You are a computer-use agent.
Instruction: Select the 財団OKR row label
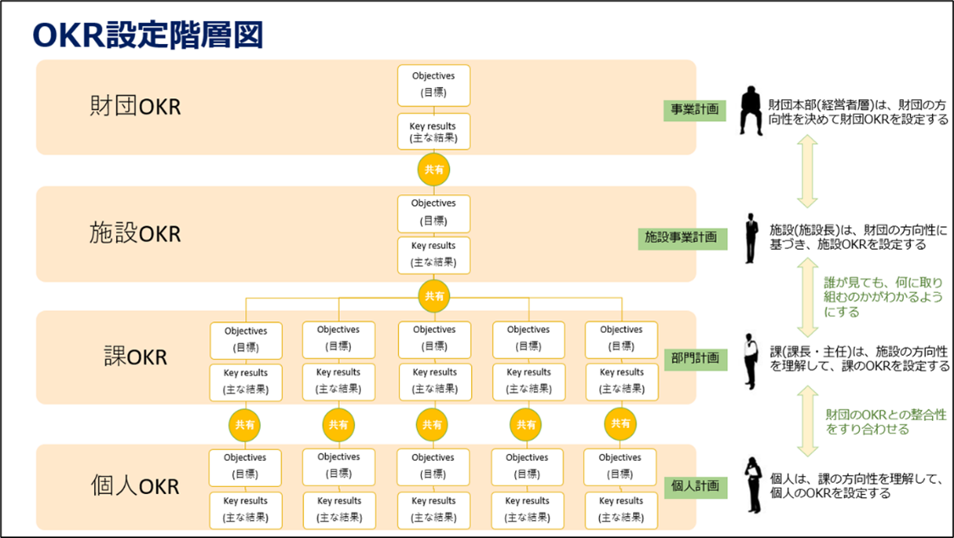tap(136, 107)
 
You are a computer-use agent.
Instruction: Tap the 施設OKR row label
tap(136, 233)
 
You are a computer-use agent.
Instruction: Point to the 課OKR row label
tap(135, 357)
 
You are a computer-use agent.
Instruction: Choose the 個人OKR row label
tap(136, 486)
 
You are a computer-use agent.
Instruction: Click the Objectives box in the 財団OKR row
tap(434, 85)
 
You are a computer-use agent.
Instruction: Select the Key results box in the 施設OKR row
tap(434, 254)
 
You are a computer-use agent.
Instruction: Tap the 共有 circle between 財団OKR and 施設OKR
tap(434, 169)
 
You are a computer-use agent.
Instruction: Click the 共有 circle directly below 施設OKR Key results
tap(434, 296)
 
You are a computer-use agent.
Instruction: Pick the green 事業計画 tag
tap(695, 109)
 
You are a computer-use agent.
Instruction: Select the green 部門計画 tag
tap(695, 358)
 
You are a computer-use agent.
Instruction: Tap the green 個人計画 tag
tap(695, 486)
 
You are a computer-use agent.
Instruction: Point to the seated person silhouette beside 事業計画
tap(751, 110)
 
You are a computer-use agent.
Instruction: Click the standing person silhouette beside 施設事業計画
tap(751, 238)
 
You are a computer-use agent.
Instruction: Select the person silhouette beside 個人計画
tap(752, 485)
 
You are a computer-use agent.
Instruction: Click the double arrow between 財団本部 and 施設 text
tap(807, 173)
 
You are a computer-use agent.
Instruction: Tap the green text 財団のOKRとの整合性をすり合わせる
tap(885, 422)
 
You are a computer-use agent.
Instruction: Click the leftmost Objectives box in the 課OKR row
tap(246, 339)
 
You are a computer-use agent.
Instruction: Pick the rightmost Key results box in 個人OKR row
tap(621, 509)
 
